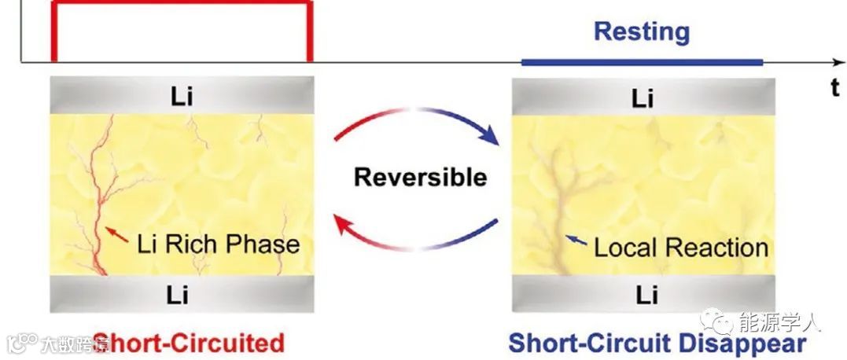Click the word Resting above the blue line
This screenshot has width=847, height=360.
641,32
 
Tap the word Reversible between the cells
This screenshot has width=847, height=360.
420,177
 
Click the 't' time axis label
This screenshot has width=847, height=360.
835,87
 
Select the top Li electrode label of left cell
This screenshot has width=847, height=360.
181,97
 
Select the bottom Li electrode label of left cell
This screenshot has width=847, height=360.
181,295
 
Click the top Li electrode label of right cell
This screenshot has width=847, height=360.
643,98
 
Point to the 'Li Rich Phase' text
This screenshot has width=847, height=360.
219,243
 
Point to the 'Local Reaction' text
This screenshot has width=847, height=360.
680,248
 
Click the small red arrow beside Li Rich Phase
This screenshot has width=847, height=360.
116,233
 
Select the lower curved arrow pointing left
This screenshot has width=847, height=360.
417,236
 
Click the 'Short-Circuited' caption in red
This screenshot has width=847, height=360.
189,343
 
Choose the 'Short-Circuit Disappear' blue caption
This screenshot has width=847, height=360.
657,343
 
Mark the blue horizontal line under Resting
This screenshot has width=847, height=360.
641,61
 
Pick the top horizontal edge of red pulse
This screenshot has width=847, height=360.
181,3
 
